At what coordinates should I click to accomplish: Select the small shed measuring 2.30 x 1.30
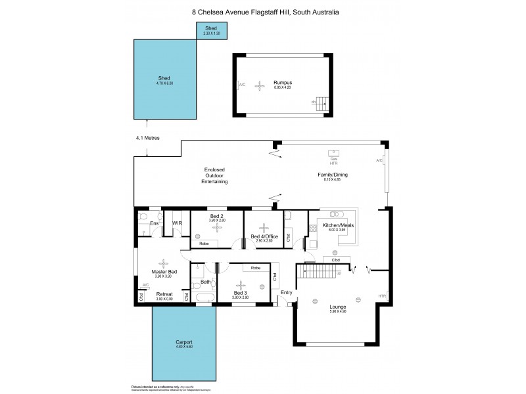(x=211, y=30)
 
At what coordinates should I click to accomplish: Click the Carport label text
(x=184, y=342)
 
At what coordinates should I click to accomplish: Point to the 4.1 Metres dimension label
(x=148, y=138)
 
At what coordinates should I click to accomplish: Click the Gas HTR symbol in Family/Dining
(x=333, y=158)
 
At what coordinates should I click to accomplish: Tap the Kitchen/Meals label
(x=337, y=226)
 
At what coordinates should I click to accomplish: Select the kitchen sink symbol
(x=335, y=214)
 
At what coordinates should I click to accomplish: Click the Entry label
(x=286, y=293)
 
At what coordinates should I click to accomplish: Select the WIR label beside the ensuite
(x=177, y=225)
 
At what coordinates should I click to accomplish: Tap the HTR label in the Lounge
(x=382, y=296)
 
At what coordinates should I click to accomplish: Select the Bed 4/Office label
(x=264, y=236)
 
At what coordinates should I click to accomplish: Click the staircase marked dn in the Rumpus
(x=320, y=101)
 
